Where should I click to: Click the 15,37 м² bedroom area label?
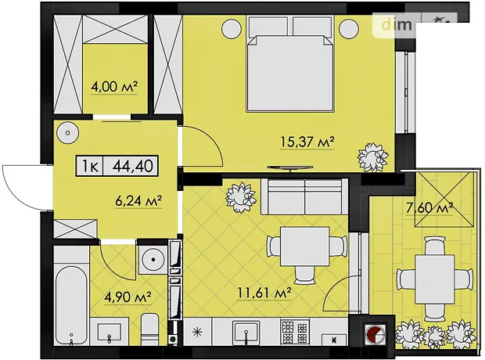tap(307, 142)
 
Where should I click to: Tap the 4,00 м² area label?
tap(114, 87)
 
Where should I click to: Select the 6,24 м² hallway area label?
tap(138, 201)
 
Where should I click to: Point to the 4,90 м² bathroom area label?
tap(128, 297)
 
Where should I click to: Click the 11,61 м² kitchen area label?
tap(264, 293)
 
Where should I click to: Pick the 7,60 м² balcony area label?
tap(429, 207)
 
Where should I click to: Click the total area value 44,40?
tap(133, 166)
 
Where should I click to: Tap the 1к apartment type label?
tap(90, 166)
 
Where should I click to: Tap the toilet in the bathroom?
tap(151, 329)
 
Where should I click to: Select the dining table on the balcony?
tap(435, 279)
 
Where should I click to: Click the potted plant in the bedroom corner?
tap(373, 157)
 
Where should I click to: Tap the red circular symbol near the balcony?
tap(375, 334)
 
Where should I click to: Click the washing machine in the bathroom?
tap(153, 260)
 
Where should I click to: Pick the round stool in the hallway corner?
tap(68, 133)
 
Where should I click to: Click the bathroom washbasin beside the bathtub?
tap(110, 333)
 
